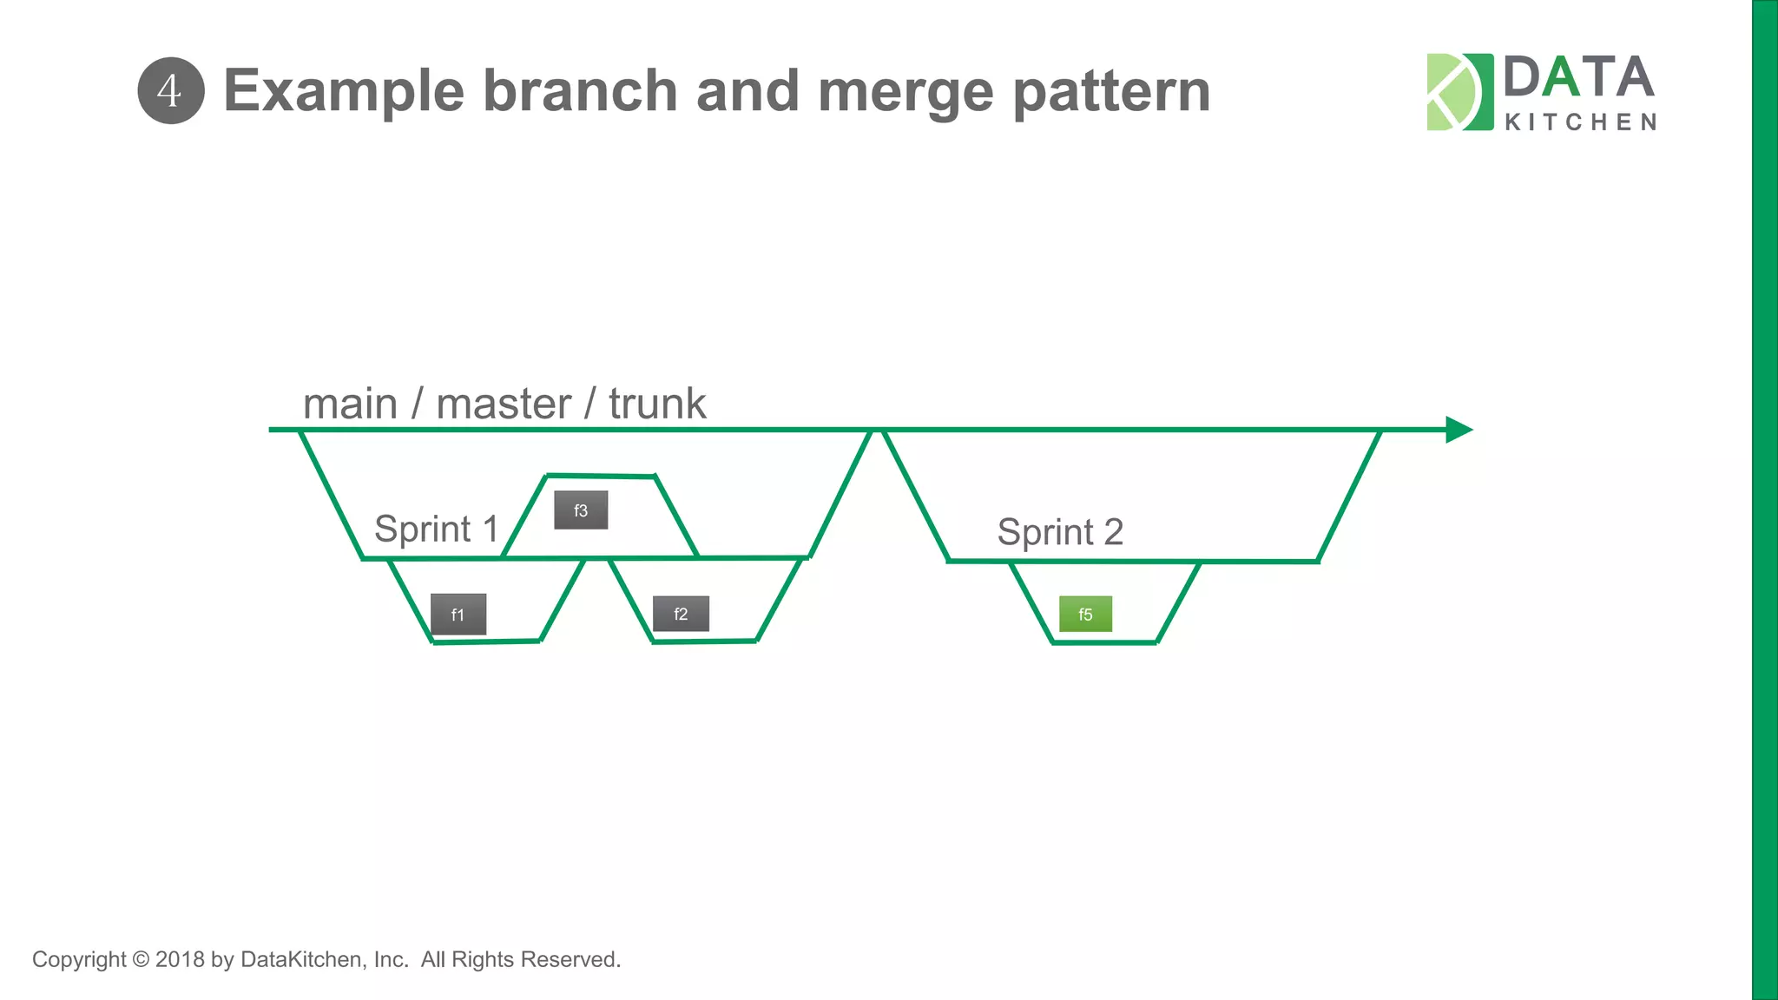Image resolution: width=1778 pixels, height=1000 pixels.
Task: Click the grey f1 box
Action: click(x=458, y=615)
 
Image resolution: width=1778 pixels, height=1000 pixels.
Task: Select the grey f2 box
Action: click(x=681, y=614)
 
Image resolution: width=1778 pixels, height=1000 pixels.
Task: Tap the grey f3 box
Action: click(x=581, y=510)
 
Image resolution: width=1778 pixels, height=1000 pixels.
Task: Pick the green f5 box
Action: click(x=1085, y=615)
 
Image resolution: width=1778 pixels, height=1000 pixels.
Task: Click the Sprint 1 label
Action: click(x=436, y=529)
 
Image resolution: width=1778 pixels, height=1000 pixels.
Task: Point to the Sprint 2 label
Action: click(x=1060, y=532)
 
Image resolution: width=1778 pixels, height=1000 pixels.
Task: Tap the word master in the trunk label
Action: click(x=504, y=405)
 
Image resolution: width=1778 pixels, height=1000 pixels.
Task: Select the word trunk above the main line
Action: click(x=657, y=405)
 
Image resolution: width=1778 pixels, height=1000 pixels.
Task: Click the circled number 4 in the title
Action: click(x=171, y=91)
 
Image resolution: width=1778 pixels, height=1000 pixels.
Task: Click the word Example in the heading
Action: click(x=344, y=91)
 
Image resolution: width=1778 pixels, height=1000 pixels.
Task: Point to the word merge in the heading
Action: click(x=905, y=91)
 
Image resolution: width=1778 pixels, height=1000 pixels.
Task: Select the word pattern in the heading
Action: click(x=1111, y=91)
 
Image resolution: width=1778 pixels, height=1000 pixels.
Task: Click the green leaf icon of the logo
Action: click(x=1459, y=92)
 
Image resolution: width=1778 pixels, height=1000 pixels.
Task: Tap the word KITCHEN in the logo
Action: click(x=1580, y=122)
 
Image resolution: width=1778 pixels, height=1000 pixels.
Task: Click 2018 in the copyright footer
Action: click(x=180, y=959)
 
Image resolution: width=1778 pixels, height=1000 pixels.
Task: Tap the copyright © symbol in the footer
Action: click(x=141, y=959)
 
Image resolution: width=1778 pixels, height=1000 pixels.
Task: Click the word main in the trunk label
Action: click(x=350, y=405)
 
